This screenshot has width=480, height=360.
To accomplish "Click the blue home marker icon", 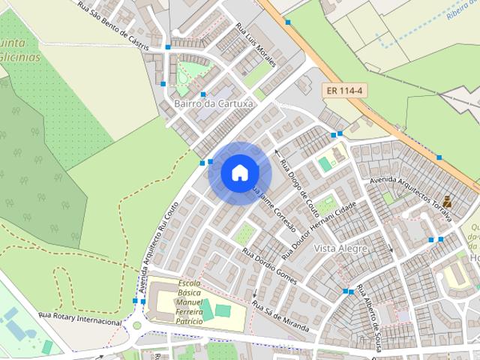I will [239, 172].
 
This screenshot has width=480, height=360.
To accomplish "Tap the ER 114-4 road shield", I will [345, 91].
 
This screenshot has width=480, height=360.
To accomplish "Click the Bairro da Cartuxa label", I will [213, 103].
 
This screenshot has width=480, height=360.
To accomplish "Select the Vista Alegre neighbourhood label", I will [340, 248].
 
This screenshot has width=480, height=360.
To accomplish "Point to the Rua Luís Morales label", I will [256, 44].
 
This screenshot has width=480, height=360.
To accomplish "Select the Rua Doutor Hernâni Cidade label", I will [319, 223].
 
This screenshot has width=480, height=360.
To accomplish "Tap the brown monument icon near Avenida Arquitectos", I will [447, 201].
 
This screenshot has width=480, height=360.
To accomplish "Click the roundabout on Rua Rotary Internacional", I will [136, 325].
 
